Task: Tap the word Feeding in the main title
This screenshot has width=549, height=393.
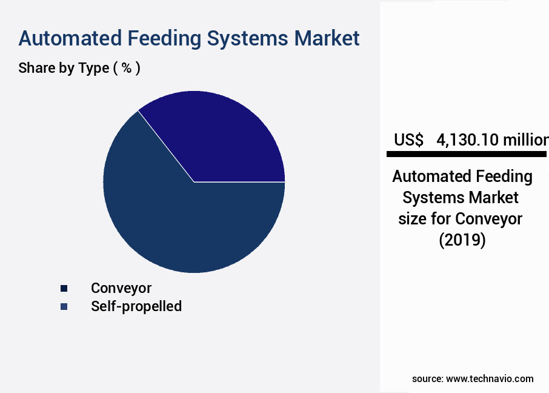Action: pos(164,39)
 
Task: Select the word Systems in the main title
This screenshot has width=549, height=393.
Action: pos(248,39)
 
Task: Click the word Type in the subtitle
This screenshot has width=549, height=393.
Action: pos(93,68)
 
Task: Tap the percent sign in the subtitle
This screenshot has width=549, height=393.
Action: pos(127,67)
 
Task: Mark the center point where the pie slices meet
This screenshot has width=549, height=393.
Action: pos(194,182)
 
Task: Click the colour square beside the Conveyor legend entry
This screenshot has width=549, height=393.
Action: pos(64,288)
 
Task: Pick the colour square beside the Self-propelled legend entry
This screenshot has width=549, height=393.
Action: pos(64,306)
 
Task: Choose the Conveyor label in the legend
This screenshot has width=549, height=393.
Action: pos(121,288)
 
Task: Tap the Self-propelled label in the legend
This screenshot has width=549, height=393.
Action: pos(136,306)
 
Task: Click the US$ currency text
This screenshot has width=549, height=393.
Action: pos(408,139)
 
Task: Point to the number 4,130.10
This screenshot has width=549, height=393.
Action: pos(467,140)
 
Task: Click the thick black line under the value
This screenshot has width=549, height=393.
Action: pos(467,154)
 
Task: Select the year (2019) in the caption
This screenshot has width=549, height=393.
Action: pos(462,240)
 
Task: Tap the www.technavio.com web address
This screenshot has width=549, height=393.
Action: pos(490,378)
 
